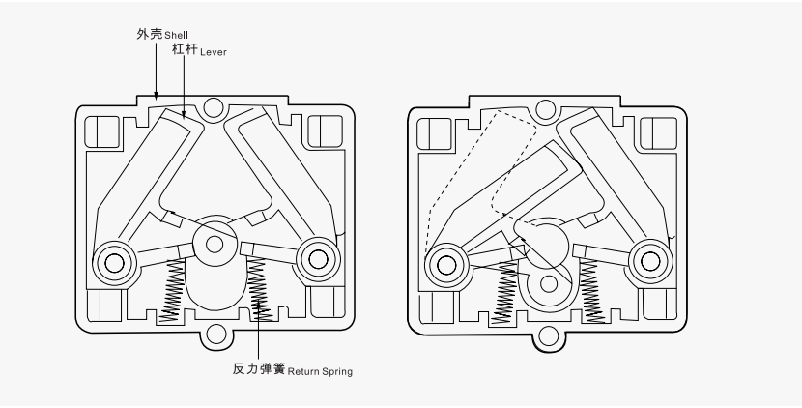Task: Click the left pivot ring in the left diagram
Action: (114, 260)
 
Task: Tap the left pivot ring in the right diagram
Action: (446, 261)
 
